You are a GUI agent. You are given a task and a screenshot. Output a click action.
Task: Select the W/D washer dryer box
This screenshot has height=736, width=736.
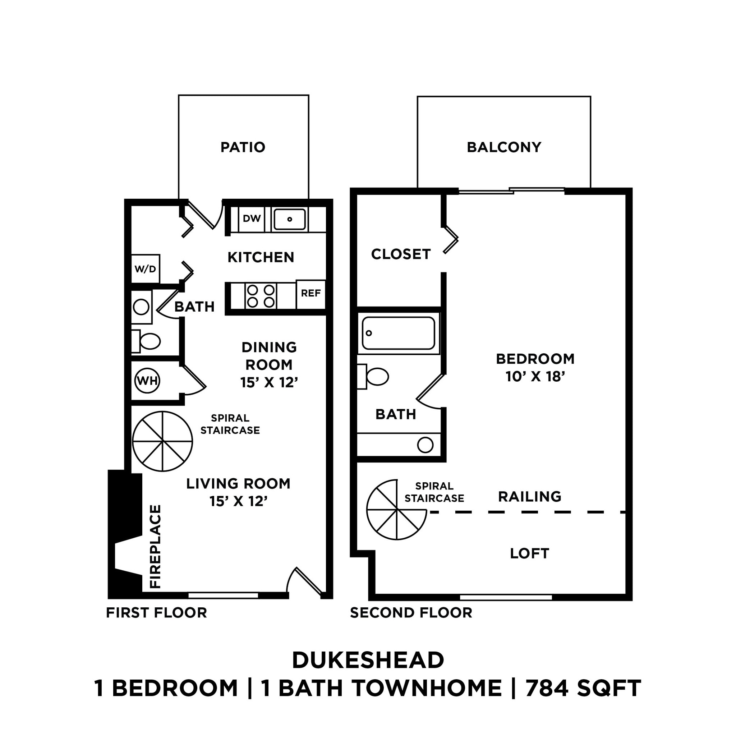click(145, 269)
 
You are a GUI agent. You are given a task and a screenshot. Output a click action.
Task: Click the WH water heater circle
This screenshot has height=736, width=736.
click(147, 381)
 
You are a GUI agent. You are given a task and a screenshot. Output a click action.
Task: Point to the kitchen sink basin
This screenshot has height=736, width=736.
click(290, 220)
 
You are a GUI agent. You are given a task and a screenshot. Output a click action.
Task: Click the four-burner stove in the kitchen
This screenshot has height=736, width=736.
click(261, 296)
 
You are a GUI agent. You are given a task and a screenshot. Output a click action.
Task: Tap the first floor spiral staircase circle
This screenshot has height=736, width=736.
click(163, 442)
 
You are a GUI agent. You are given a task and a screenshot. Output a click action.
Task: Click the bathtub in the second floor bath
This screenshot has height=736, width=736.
click(399, 333)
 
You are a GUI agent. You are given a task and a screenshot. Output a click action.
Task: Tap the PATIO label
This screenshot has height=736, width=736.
click(243, 147)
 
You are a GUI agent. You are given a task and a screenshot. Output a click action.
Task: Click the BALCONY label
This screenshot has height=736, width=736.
click(503, 147)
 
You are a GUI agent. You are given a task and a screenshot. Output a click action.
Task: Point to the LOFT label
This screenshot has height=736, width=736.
click(529, 553)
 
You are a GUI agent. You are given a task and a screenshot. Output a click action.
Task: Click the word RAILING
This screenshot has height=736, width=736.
click(529, 497)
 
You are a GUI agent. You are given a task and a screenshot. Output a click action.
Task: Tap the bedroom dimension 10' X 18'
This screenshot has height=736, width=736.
click(535, 377)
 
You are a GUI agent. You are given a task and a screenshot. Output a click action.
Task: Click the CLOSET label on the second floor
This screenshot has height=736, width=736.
click(401, 254)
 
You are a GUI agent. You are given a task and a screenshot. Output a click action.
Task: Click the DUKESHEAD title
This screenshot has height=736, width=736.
click(368, 660)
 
